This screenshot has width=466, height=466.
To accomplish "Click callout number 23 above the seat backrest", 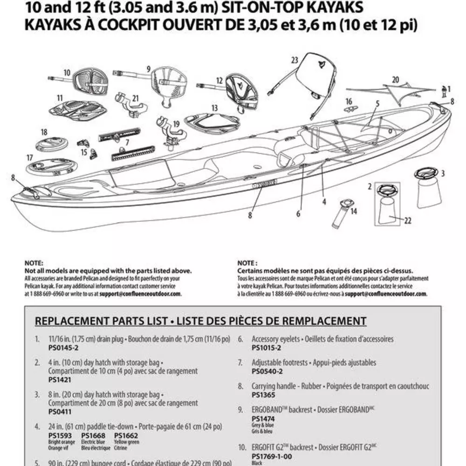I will tap(294, 60).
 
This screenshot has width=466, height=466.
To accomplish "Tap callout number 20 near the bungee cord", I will tap(396, 79).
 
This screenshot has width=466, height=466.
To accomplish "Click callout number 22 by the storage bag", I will tap(408, 221).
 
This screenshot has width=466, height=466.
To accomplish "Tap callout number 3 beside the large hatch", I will tap(443, 173).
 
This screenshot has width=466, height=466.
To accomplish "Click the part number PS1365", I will tap(263, 395).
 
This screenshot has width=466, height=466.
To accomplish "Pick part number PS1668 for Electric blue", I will tap(92, 436).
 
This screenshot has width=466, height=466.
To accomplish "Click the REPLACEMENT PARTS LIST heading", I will tap(200, 321).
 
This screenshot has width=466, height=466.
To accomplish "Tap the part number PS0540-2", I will tap(267, 371).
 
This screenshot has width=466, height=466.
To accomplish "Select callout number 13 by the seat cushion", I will tap(214, 108).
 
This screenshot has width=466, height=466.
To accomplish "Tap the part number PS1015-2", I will tap(266, 347).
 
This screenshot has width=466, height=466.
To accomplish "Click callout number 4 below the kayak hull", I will tap(324, 202).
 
